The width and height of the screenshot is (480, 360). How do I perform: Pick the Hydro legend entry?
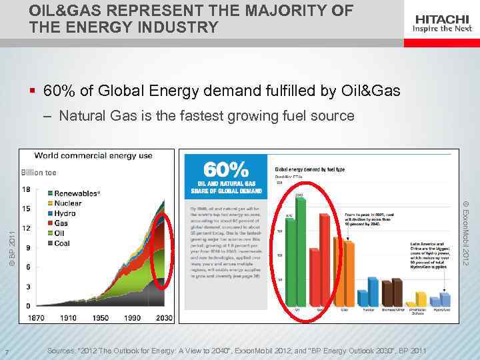65,213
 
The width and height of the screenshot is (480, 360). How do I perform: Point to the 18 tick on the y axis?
26,189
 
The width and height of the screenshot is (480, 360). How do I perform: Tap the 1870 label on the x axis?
36,318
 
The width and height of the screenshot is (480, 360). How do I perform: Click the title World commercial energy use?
93,156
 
